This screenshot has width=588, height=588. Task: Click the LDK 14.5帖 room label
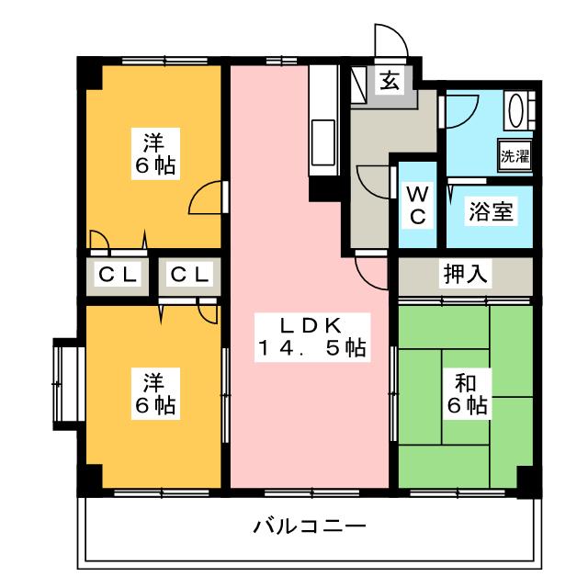click(312, 337)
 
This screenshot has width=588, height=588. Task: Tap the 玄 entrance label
click(390, 81)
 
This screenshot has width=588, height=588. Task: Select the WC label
click(418, 206)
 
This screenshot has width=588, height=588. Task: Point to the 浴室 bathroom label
click(491, 211)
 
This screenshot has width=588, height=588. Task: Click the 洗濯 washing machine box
click(514, 155)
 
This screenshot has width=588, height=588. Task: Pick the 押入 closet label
click(466, 274)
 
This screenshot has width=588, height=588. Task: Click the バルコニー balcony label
click(310, 526)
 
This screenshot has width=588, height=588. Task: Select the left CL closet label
click(118, 275)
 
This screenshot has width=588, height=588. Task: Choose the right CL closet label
click(189, 275)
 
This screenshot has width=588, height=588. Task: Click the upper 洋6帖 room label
click(155, 153)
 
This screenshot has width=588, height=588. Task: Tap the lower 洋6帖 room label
click(155, 394)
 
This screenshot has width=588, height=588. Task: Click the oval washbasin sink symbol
click(515, 110)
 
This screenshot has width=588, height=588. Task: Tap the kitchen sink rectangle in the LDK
click(322, 142)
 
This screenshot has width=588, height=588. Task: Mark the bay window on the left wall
click(66, 384)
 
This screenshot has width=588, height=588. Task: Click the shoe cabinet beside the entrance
click(358, 85)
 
